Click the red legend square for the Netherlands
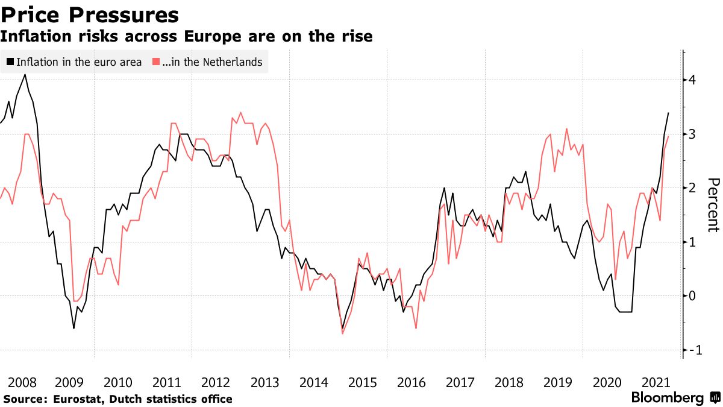pos(155,62)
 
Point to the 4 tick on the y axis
pos(693,80)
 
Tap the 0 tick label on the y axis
pos(693,296)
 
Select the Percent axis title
pos(713,205)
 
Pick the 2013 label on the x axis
pos(264,382)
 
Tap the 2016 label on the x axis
pos(411,382)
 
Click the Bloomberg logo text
pos(667,398)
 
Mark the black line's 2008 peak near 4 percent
pos(25,74)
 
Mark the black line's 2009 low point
pos(74,328)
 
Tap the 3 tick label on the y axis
pos(693,134)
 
